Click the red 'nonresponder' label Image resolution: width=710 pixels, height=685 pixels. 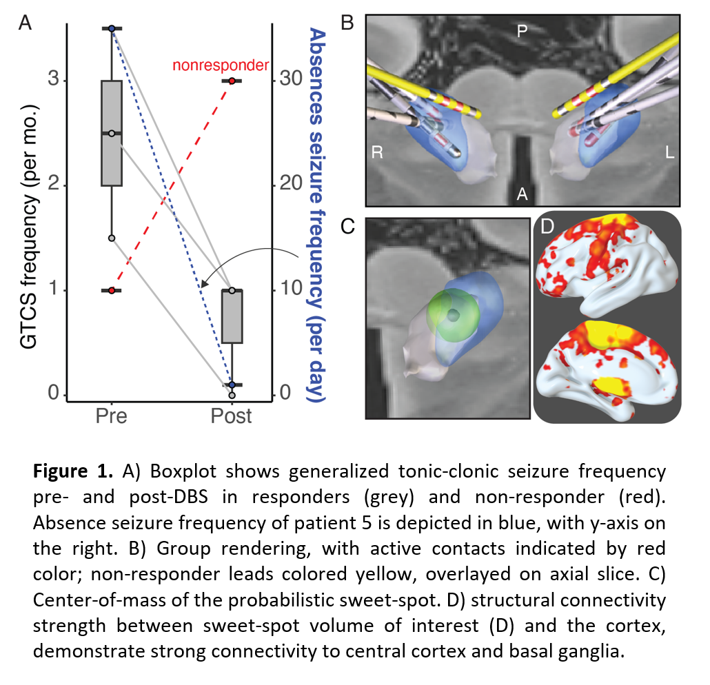[220, 65]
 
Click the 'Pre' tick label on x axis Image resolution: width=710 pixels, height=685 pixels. [112, 416]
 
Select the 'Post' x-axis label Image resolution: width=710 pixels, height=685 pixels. [232, 416]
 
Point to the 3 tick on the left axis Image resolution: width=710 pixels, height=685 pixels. [53, 81]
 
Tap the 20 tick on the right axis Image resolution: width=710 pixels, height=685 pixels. [290, 185]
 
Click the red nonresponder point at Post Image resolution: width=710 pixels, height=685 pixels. [232, 81]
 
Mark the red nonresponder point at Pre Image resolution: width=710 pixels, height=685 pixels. [112, 290]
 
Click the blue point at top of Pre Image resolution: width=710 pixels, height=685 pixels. [112, 28]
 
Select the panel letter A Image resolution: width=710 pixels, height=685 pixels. [25, 24]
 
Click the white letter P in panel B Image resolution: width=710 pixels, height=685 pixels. [523, 30]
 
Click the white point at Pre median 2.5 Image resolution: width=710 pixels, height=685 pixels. [112, 133]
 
